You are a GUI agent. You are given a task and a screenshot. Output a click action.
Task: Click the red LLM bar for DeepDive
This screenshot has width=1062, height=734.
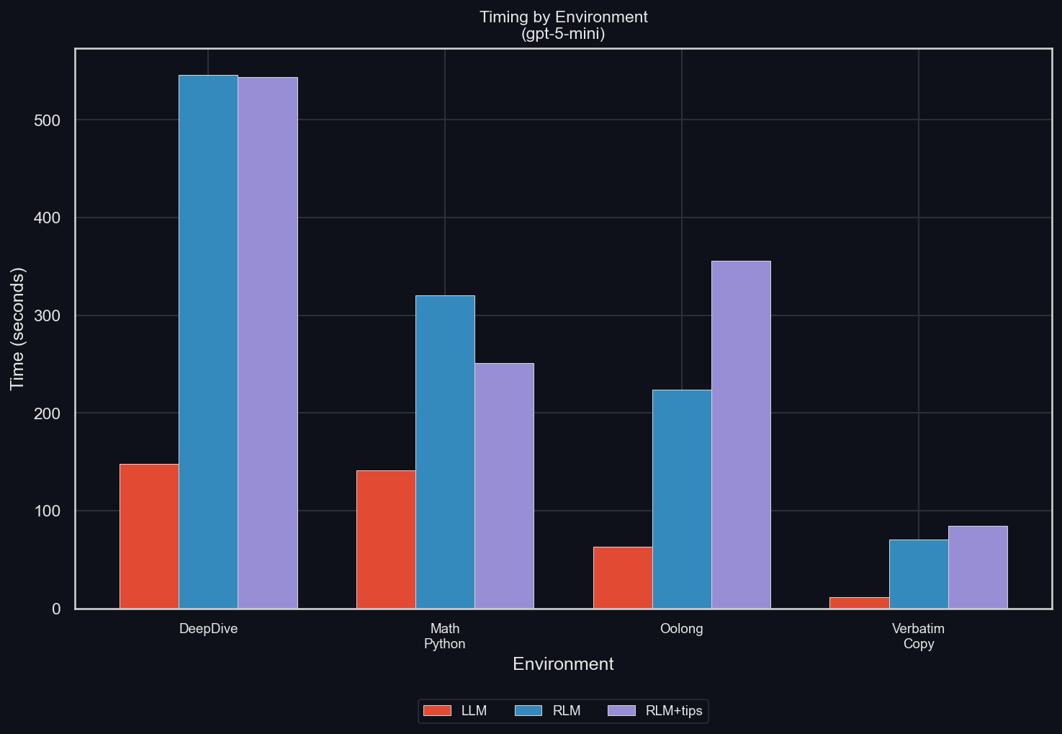(149, 537)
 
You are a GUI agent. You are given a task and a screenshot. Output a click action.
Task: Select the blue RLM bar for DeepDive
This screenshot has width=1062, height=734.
(208, 342)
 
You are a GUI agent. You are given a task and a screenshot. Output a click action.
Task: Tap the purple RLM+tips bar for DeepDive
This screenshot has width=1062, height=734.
(268, 343)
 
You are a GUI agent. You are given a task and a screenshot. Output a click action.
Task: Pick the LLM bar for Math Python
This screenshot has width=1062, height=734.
(386, 540)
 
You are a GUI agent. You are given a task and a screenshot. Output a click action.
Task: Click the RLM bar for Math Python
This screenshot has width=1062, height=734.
(445, 452)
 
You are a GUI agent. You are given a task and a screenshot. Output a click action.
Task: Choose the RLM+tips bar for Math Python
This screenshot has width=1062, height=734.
(504, 486)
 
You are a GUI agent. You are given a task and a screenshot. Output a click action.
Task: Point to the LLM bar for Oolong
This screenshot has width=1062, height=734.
(623, 578)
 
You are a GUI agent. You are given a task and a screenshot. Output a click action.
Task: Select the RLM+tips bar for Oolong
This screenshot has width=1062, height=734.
(741, 435)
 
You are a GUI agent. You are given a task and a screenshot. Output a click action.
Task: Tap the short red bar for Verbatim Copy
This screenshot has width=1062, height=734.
(859, 603)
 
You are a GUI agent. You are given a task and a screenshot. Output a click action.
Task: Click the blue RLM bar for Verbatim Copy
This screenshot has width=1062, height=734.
(919, 574)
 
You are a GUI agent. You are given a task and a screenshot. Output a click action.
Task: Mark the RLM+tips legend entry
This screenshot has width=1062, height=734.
(655, 711)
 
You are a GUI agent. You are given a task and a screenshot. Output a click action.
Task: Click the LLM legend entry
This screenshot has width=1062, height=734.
(455, 711)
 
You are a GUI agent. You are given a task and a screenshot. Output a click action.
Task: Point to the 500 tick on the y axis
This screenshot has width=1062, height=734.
(47, 120)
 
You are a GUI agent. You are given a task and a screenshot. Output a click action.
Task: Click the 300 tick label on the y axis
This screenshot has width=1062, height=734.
(47, 315)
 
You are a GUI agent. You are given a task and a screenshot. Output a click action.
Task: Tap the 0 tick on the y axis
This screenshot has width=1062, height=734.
(56, 609)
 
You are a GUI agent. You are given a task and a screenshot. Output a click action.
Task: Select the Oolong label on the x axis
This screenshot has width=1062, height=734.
(681, 629)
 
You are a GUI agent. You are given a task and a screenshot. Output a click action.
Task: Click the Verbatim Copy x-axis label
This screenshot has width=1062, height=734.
(918, 636)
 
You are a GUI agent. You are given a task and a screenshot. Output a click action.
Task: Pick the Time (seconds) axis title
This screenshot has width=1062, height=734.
(18, 328)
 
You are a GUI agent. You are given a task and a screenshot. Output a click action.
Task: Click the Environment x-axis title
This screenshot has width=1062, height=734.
(563, 664)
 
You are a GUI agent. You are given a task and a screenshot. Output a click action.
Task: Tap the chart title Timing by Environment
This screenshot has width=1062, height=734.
(563, 17)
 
